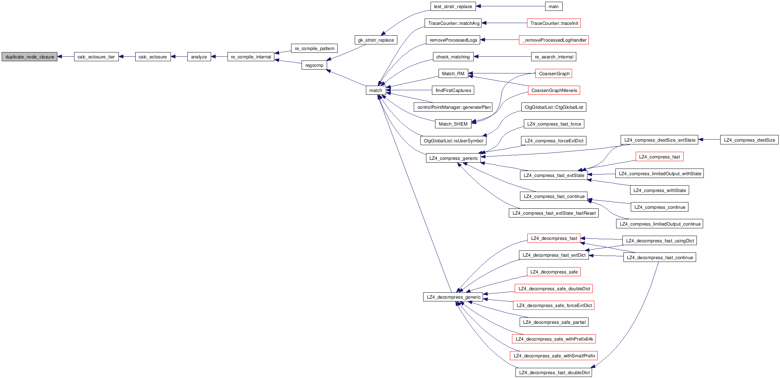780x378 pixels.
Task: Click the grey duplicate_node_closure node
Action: (x=30, y=57)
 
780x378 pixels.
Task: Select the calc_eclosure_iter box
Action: (x=96, y=57)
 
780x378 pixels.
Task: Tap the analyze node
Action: (x=199, y=57)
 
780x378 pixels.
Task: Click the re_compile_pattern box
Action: (x=314, y=48)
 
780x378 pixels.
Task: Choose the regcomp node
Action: (x=314, y=65)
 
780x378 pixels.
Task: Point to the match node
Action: (x=376, y=90)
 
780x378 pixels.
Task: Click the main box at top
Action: (x=554, y=6)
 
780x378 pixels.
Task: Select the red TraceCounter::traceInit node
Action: (x=554, y=23)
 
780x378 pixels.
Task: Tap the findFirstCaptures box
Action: (x=453, y=90)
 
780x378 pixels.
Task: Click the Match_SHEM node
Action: (x=453, y=124)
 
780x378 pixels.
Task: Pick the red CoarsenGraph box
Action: (x=554, y=73)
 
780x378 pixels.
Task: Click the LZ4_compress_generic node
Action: (x=453, y=158)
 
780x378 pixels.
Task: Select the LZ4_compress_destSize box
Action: (x=749, y=140)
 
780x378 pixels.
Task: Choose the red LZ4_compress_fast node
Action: (x=659, y=157)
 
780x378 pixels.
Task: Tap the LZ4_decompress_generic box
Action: (x=453, y=297)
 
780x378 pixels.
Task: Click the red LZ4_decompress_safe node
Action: (x=554, y=272)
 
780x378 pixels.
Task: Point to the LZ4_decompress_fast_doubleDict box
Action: (x=554, y=372)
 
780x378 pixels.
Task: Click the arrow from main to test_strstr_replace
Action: (x=510, y=6)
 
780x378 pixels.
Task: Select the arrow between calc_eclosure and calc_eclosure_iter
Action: (x=127, y=57)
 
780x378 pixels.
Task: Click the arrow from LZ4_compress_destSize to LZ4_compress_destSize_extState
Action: (x=709, y=140)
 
